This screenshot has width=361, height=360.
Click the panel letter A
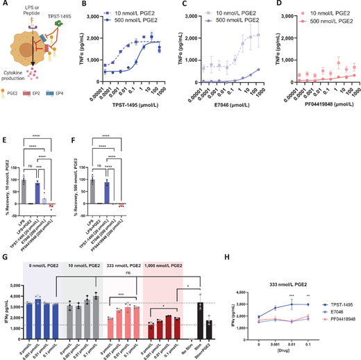4,6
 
